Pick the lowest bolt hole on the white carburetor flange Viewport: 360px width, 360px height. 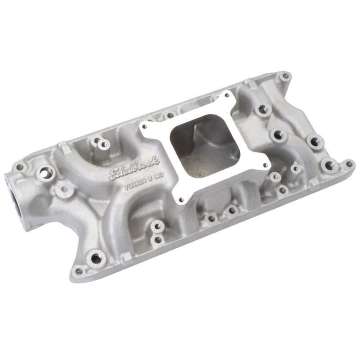[x=180, y=201]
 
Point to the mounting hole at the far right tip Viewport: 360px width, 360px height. [x=347, y=165]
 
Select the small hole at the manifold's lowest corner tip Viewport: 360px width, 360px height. [x=79, y=271]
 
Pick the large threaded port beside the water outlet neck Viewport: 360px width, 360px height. [x=45, y=172]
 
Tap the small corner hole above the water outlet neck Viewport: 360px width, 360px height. [x=20, y=167]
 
